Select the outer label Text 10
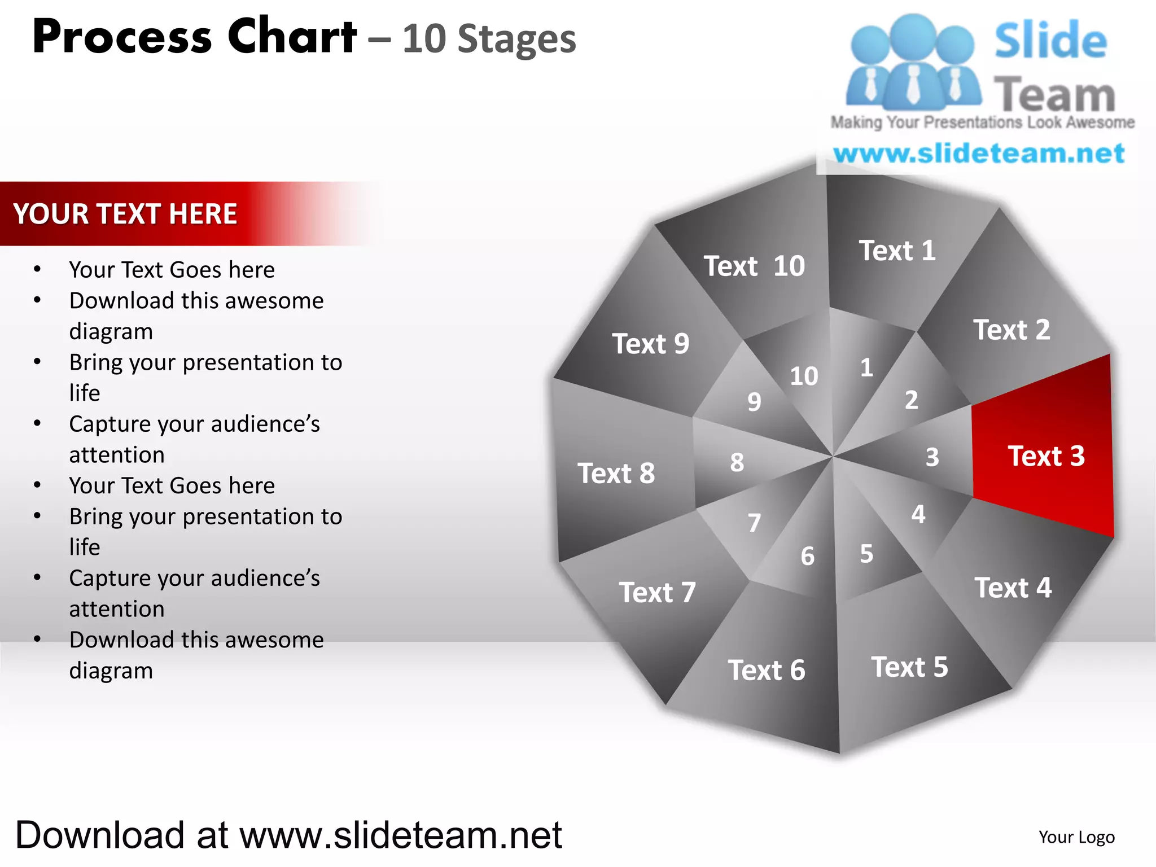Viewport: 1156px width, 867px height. pyautogui.click(x=754, y=266)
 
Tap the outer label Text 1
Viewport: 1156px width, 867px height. pyautogui.click(x=897, y=251)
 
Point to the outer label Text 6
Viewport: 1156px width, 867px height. pyautogui.click(x=766, y=670)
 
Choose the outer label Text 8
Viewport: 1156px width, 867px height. pyautogui.click(x=616, y=473)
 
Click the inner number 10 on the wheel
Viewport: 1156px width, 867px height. pyautogui.click(x=804, y=376)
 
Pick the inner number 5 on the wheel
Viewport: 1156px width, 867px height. pyautogui.click(x=866, y=554)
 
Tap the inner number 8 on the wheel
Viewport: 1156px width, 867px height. pyautogui.click(x=737, y=462)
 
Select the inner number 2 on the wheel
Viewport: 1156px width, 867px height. pyautogui.click(x=911, y=400)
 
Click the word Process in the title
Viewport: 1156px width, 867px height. pyautogui.click(x=122, y=37)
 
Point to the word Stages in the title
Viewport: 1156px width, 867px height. pyautogui.click(x=516, y=40)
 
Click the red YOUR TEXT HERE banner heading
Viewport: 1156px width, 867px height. pyautogui.click(x=125, y=214)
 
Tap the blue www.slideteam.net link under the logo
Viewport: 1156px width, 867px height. pyautogui.click(x=979, y=154)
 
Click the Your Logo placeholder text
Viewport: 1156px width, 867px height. pyautogui.click(x=1076, y=837)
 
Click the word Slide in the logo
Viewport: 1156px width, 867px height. pyautogui.click(x=1050, y=41)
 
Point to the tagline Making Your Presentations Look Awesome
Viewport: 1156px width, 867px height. pyautogui.click(x=982, y=122)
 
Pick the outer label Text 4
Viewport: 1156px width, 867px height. pyautogui.click(x=1013, y=588)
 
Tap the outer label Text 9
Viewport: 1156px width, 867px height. pyautogui.click(x=650, y=344)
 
